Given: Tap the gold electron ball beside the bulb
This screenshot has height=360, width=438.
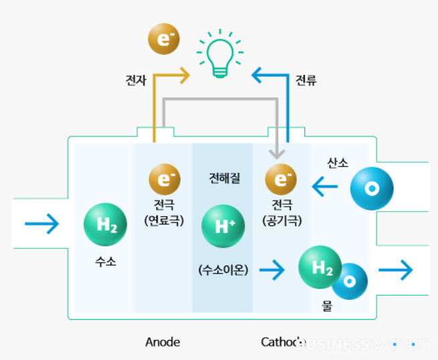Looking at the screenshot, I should pyautogui.click(x=164, y=40).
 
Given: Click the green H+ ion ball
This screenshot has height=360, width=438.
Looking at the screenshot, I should pyautogui.click(x=223, y=225).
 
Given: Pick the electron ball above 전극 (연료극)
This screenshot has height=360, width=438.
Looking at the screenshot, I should pyautogui.click(x=165, y=179).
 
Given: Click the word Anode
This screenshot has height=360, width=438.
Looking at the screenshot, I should pyautogui.click(x=162, y=342).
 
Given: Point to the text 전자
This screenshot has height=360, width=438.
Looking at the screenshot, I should pyautogui.click(x=136, y=81).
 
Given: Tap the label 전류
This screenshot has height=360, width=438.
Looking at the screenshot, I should pyautogui.click(x=306, y=81).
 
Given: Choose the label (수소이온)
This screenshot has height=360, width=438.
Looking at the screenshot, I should pyautogui.click(x=223, y=270).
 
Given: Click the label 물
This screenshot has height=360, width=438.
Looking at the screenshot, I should pyautogui.click(x=327, y=306).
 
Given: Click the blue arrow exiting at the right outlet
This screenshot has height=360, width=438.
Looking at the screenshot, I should pyautogui.click(x=395, y=270).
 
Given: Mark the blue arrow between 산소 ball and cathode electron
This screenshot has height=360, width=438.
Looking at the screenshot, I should pyautogui.click(x=324, y=187).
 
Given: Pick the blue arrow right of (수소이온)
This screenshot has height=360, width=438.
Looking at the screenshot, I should pyautogui.click(x=271, y=270).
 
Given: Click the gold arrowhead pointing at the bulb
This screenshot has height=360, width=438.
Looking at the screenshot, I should pyautogui.click(x=185, y=76).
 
